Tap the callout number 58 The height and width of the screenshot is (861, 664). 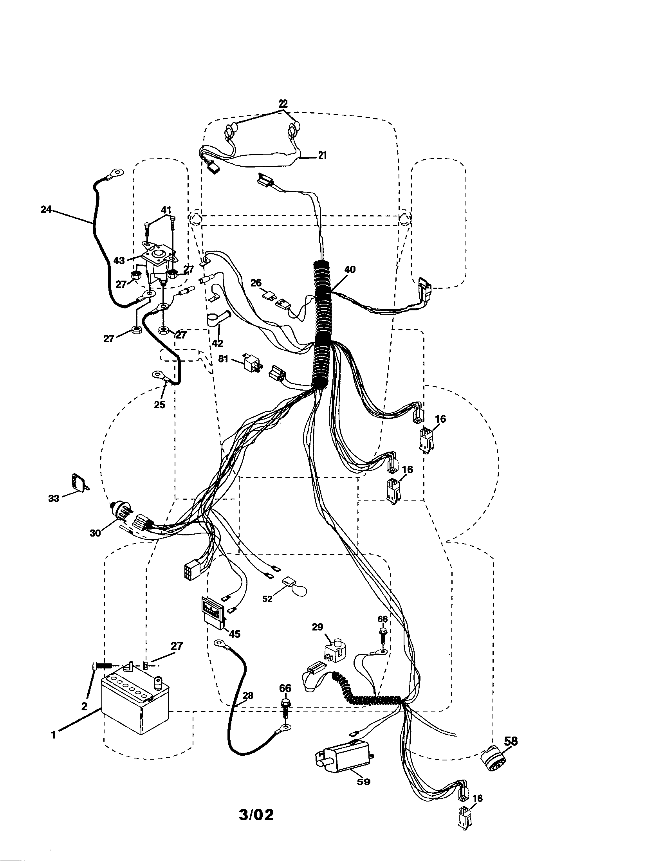(x=511, y=741)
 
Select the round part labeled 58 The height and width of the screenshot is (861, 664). (x=493, y=758)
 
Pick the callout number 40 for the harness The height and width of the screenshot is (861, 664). (x=350, y=270)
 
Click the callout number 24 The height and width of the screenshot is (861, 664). (x=46, y=210)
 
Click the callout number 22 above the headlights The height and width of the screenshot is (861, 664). (x=283, y=104)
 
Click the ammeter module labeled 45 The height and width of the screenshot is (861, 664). (x=213, y=615)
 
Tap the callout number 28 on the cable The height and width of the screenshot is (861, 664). (x=247, y=696)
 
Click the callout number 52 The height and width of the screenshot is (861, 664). (x=267, y=599)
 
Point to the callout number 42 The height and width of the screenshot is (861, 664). (x=217, y=343)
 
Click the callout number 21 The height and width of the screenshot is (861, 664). (x=322, y=155)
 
